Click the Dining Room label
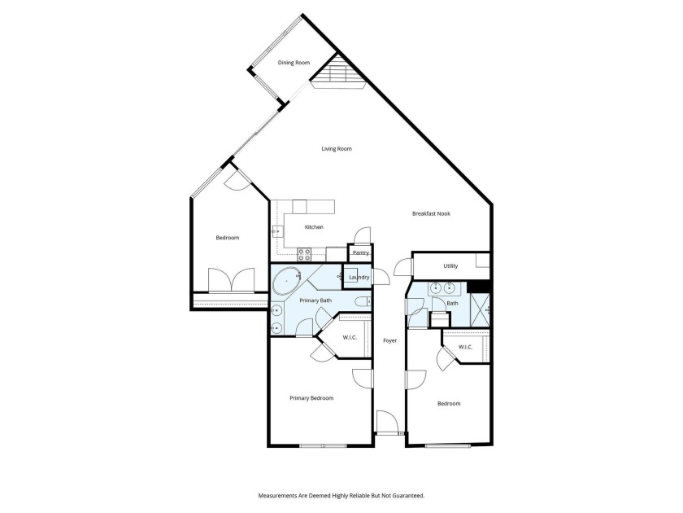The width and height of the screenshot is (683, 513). point(294,63)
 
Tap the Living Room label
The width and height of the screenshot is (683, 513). point(337,149)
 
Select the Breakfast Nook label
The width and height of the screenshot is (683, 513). point(431,214)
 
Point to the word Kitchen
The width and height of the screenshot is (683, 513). point(314,227)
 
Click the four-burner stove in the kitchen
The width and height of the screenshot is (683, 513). point(303,253)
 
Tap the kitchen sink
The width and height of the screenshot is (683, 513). point(276,232)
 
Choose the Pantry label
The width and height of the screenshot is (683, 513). point(361,253)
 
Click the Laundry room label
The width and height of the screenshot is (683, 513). point(359,278)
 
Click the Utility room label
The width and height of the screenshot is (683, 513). point(450,266)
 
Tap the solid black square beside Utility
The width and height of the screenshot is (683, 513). point(480,286)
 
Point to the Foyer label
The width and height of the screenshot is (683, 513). point(390,340)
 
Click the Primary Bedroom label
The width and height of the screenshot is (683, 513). point(312,398)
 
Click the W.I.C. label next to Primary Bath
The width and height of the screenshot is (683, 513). point(350,337)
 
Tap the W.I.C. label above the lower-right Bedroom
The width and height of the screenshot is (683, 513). point(466,348)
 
